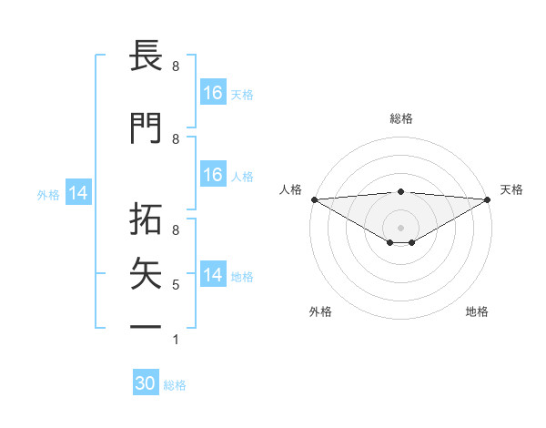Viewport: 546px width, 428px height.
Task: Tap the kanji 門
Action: pos(146,128)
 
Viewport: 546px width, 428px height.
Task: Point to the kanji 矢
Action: pos(146,270)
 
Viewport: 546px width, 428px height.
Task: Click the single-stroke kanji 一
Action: pos(146,326)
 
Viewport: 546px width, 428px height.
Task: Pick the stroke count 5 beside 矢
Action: pos(176,285)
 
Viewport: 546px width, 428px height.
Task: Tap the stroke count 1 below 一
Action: pos(176,340)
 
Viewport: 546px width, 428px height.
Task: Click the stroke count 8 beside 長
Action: pos(176,66)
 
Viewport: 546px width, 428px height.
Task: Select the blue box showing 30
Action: pos(146,383)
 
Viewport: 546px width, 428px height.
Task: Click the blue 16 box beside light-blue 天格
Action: pos(213,93)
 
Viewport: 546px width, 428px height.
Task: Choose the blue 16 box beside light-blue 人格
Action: pos(213,175)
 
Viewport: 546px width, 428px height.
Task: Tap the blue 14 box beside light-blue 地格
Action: pos(213,275)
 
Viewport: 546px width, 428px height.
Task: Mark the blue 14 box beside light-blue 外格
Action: pos(78,193)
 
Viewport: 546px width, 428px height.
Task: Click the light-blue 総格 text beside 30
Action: pos(175,385)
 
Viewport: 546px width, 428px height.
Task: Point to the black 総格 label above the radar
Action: pos(400,118)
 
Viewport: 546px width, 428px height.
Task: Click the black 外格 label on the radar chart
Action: pos(320,311)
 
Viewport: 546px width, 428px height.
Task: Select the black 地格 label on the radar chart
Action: pos(477,311)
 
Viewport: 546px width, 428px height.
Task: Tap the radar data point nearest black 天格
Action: pos(487,199)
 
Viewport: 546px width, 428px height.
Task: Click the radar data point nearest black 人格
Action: pos(314,199)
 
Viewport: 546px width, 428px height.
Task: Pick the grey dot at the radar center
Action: pos(400,226)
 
